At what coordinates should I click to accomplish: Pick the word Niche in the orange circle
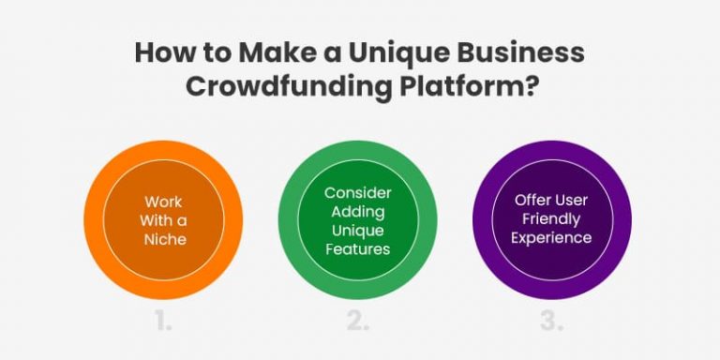165,239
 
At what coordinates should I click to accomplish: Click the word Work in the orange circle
163,202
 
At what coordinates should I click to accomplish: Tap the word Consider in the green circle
357,192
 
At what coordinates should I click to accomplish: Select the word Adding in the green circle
357,212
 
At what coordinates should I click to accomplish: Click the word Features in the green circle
357,250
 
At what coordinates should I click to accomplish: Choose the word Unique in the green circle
357,231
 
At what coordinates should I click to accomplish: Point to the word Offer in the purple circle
535,200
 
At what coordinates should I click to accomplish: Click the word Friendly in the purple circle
552,219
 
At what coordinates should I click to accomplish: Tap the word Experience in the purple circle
552,238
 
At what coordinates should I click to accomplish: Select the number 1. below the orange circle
164,322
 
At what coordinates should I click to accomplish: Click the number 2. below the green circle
357,322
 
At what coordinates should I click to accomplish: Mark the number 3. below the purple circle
551,322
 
